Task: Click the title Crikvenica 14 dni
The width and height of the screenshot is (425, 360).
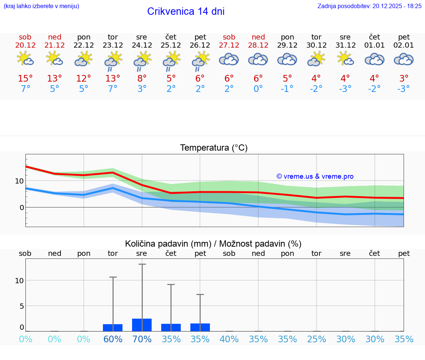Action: coord(186,11)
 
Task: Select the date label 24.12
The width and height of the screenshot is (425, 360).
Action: coord(142,45)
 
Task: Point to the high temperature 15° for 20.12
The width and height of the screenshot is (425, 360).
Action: coord(25,79)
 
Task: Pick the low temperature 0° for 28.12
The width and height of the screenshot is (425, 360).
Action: coord(258,89)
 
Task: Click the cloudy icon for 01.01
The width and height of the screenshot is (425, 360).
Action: coord(374,59)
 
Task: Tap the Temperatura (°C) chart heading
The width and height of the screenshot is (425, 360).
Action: coord(214,148)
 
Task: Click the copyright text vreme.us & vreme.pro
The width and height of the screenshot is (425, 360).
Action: coord(315,176)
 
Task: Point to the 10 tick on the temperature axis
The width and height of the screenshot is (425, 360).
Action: coord(19,181)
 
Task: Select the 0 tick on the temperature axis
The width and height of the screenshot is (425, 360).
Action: coord(22,208)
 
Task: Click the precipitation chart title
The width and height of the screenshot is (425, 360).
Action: coord(213,244)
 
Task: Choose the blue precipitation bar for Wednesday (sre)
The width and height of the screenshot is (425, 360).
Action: coord(142,325)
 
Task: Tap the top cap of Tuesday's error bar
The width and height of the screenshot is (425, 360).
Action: coord(113,277)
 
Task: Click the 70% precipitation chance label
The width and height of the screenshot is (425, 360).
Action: coord(142,339)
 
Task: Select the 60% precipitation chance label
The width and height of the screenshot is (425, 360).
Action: coord(113,339)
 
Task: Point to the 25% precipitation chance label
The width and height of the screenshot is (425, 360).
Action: coord(317,339)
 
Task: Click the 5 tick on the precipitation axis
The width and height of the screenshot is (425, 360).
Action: coord(21,306)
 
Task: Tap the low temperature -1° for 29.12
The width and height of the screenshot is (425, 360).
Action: coord(287,89)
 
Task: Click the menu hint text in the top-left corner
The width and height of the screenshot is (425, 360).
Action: coord(41,6)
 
